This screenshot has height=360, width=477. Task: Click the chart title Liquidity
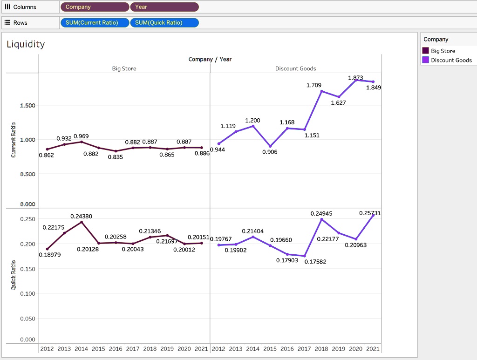(26, 44)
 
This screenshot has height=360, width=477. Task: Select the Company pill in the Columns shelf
(95, 7)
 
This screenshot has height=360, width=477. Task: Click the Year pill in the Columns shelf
(164, 7)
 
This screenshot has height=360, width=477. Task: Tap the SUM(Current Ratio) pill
(95, 23)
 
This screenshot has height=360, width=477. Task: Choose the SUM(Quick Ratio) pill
(164, 23)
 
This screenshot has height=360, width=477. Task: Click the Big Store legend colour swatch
(426, 51)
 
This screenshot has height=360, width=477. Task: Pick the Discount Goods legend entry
(451, 60)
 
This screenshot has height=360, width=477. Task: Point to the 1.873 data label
(355, 77)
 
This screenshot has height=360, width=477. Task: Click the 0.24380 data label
(81, 216)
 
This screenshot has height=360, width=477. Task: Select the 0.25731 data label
(370, 213)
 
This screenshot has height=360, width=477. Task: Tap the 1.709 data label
(313, 85)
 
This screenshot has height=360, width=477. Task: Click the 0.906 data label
(270, 152)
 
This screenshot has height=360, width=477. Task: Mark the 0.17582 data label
(315, 261)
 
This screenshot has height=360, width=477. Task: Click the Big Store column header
(124, 68)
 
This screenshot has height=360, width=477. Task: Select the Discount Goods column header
(295, 68)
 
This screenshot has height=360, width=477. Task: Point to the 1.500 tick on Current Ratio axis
(27, 105)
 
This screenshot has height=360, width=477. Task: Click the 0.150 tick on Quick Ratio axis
(27, 269)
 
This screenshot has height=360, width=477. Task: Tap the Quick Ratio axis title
(14, 276)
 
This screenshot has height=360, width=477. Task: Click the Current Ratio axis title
(14, 140)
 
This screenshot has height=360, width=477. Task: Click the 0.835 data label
(115, 157)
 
